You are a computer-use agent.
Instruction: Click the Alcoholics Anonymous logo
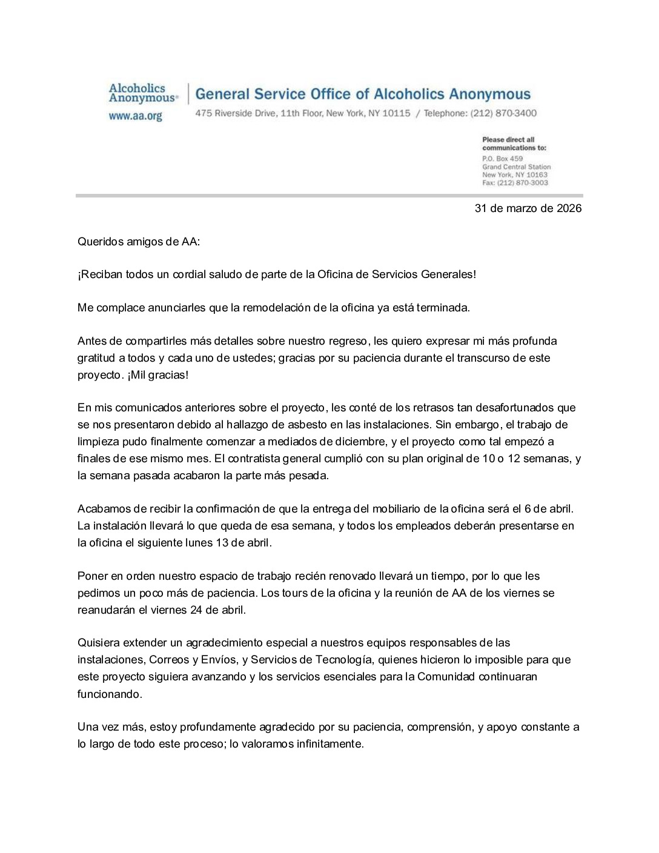coord(143,93)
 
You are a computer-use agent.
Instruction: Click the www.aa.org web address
coord(135,116)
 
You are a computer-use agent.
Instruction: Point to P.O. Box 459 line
coord(502,159)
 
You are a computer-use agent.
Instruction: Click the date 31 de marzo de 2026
coord(528,208)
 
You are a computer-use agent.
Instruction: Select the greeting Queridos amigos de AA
coord(138,242)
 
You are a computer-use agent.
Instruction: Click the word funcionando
coord(110,694)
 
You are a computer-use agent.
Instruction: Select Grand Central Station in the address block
coord(516,167)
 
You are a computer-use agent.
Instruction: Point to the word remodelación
coord(277,308)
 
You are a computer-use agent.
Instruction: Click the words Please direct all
coord(508,140)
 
